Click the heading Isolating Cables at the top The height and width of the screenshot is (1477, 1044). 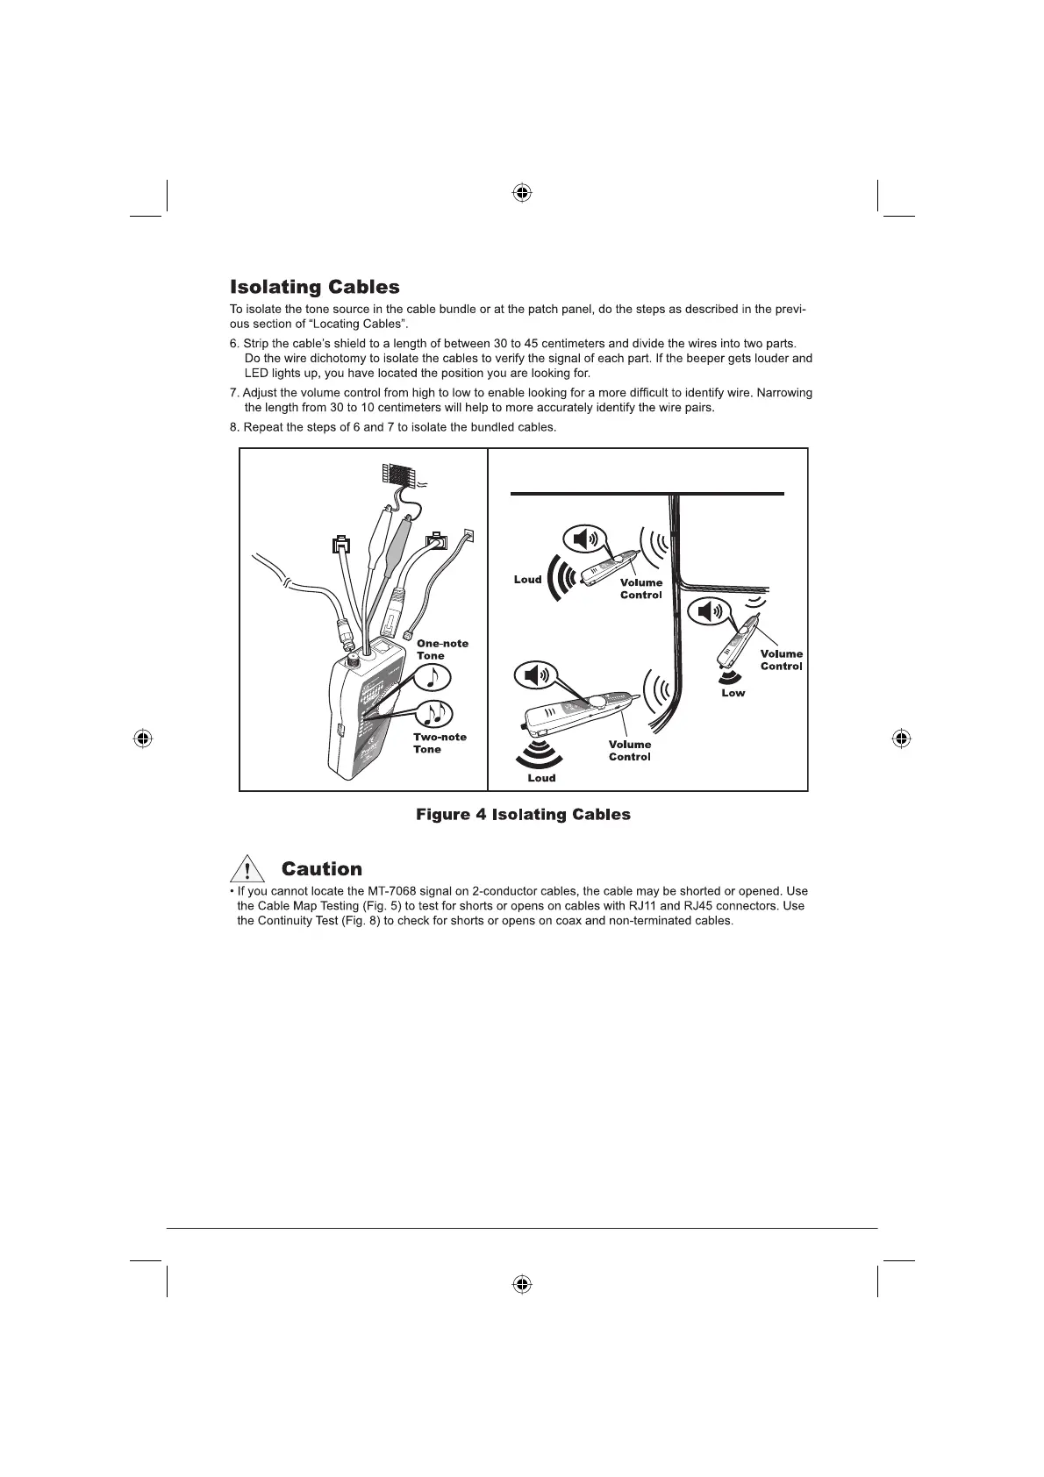pyautogui.click(x=314, y=287)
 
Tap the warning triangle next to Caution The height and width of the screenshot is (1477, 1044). pyautogui.click(x=248, y=869)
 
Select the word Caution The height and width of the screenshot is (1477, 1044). pyautogui.click(x=321, y=869)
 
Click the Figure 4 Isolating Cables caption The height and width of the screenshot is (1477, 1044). pyautogui.click(x=523, y=815)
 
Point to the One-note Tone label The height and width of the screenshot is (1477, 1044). pyautogui.click(x=442, y=649)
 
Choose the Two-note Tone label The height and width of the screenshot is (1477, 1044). pyautogui.click(x=440, y=743)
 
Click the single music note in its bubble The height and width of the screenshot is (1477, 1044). pyautogui.click(x=432, y=676)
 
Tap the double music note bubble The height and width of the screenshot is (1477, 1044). pyautogui.click(x=434, y=714)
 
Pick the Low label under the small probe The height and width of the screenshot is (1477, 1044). pyautogui.click(x=733, y=693)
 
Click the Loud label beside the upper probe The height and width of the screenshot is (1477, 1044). pyautogui.click(x=527, y=579)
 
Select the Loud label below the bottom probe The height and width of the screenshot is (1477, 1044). pyautogui.click(x=541, y=778)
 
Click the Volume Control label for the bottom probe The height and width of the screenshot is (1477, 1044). pyautogui.click(x=630, y=751)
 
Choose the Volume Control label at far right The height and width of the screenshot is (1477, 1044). pyautogui.click(x=781, y=660)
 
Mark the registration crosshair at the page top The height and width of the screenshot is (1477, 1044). pyautogui.click(x=522, y=192)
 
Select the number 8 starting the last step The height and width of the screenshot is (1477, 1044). pyautogui.click(x=233, y=427)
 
